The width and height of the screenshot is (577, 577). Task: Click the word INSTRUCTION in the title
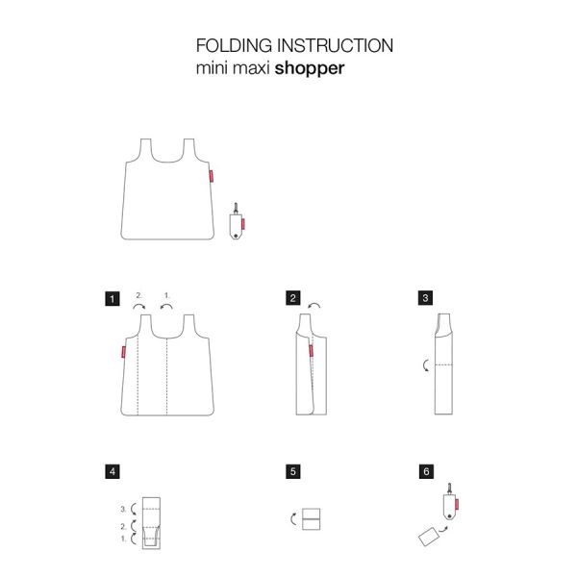[333, 46]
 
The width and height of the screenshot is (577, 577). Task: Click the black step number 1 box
[113, 299]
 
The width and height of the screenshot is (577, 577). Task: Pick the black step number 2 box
[292, 299]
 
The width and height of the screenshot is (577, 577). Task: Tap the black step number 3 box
[425, 299]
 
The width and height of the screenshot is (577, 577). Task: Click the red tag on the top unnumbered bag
[213, 176]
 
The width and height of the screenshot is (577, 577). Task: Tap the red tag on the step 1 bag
[122, 352]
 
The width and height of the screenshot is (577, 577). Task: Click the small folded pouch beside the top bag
[236, 223]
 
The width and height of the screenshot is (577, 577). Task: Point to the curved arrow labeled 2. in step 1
[138, 305]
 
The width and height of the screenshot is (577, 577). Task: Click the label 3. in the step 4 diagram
[123, 508]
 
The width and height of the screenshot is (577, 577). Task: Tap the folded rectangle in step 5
[311, 519]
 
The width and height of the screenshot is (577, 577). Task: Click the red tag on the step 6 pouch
[461, 503]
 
